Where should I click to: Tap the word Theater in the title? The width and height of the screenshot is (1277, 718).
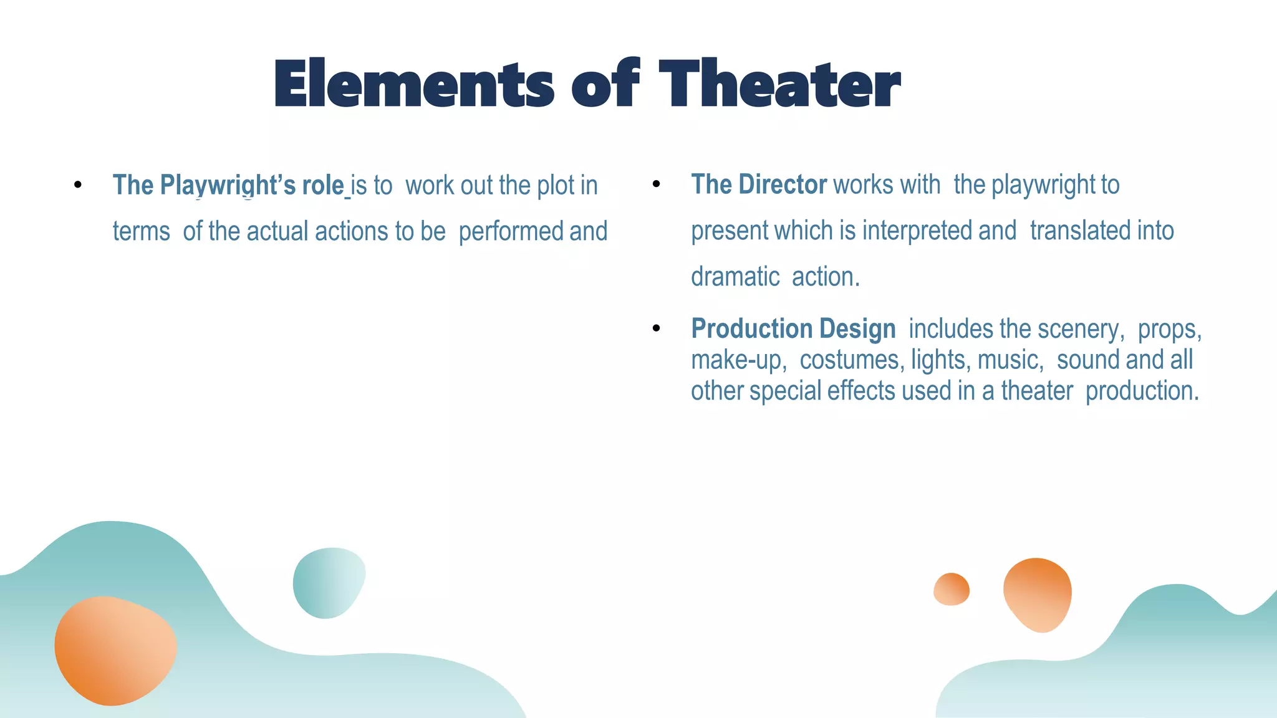coord(779,84)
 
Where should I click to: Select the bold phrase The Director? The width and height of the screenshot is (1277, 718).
coord(758,185)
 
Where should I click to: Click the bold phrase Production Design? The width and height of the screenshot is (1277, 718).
coord(793,329)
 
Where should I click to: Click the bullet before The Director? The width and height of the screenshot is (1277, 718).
coord(656,184)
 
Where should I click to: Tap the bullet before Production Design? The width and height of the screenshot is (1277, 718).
coord(656,328)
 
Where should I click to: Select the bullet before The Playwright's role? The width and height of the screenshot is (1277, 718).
coord(77,185)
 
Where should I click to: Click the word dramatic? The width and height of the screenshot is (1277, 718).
coord(735,277)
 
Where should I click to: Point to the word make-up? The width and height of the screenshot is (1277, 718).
coord(736,361)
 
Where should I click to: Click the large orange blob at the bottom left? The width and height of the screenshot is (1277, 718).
coord(115,650)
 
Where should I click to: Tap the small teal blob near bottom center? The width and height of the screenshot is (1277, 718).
coord(328,583)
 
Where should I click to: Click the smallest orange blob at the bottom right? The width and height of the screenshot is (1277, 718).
coord(951,589)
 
